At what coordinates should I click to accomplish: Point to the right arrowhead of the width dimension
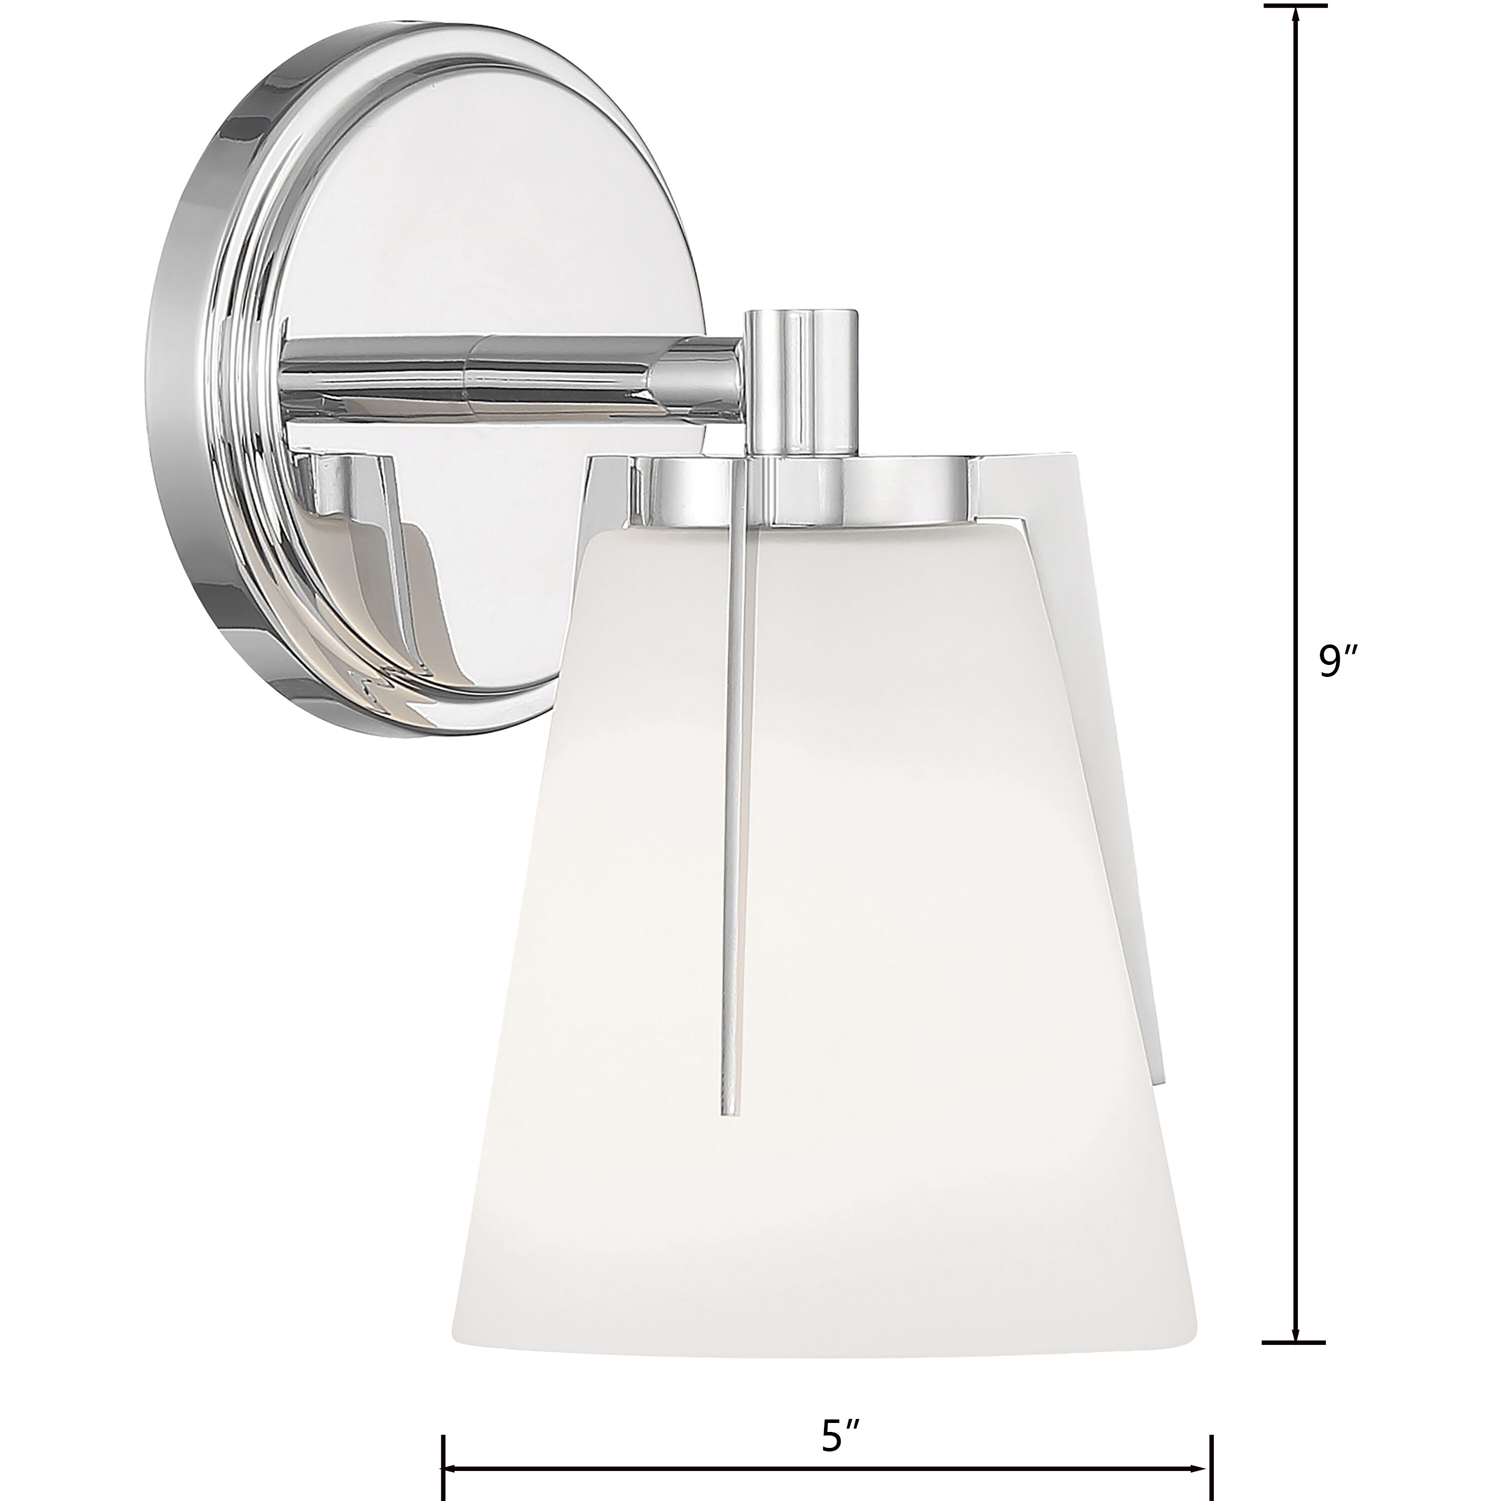click(x=1203, y=1446)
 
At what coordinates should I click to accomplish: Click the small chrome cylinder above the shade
click(x=801, y=381)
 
